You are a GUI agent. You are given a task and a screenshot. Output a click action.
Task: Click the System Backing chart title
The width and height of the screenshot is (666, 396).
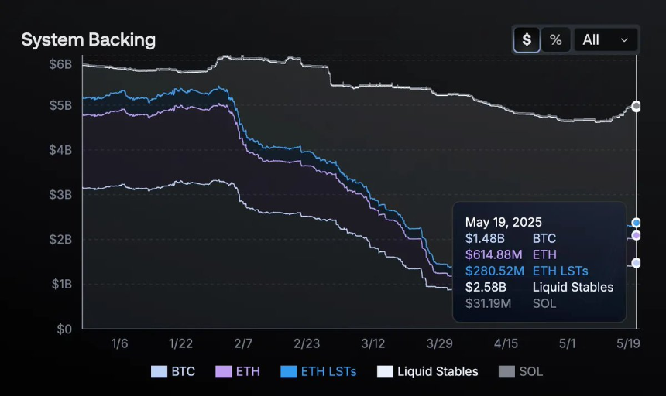88,40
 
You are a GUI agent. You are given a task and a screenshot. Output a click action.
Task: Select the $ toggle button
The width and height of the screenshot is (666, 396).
527,39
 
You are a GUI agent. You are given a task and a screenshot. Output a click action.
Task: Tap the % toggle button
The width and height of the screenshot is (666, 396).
555,39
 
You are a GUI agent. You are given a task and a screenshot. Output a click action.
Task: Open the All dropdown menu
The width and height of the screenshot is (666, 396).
606,39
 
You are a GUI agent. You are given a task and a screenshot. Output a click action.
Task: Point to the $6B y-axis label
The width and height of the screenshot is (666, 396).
60,64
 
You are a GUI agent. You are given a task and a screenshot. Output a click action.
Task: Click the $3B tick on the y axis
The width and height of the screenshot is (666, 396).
60,194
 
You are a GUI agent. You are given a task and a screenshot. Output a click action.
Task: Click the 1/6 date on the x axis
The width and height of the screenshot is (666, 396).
120,343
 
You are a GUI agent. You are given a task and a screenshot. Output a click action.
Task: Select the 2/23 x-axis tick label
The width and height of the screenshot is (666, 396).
307,343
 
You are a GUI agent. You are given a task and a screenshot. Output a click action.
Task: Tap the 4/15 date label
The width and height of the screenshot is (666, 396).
506,343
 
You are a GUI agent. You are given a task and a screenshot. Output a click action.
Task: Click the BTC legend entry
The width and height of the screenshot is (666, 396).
173,372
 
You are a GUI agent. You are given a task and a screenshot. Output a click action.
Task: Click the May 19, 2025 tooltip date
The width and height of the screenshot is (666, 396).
503,222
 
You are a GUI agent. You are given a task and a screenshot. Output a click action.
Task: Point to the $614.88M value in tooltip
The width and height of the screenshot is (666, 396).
494,254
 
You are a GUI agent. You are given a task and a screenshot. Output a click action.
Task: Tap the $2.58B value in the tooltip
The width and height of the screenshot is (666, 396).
485,287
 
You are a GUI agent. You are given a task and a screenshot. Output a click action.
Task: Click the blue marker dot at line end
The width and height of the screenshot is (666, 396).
636,223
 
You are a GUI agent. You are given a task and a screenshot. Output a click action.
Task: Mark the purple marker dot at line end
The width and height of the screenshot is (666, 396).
636,235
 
